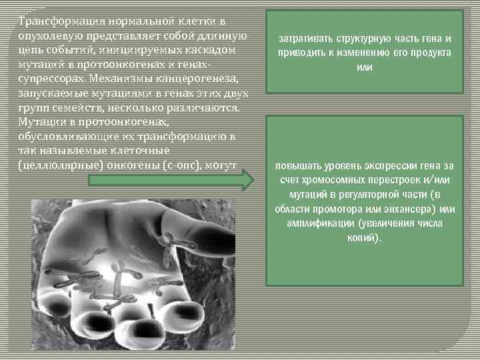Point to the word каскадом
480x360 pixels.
pos(218,50)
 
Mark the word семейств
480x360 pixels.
pos(77,107)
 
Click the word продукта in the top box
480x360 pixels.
pos(428,53)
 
